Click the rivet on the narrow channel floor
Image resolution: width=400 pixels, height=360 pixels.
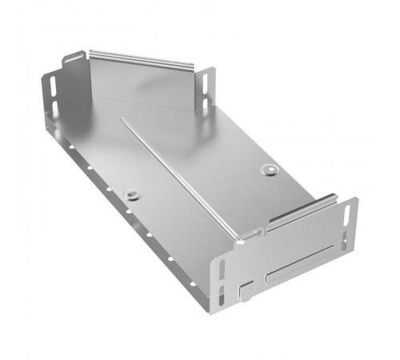click(132, 194)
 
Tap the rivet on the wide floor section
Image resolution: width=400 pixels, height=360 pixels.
click(269, 170)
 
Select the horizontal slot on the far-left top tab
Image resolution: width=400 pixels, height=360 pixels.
click(74, 58)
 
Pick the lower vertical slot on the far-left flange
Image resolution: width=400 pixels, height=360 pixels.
click(54, 107)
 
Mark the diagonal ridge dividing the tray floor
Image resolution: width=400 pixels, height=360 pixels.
click(180, 176)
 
